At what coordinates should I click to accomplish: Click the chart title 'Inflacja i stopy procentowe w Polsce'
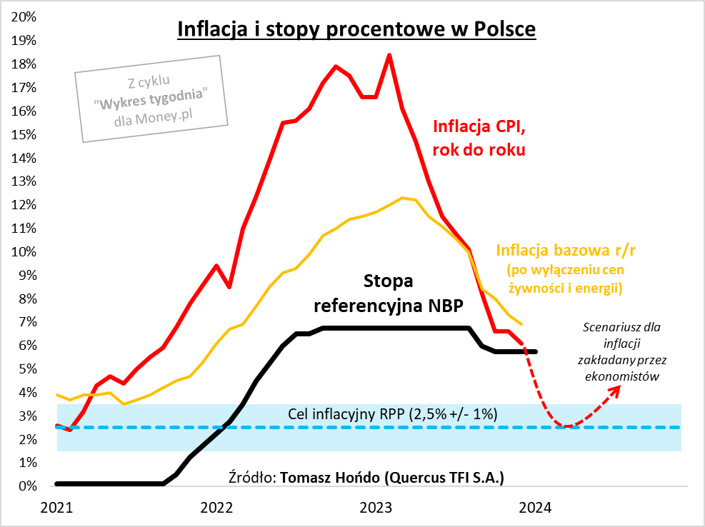356,29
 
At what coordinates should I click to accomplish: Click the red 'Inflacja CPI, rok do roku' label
479,138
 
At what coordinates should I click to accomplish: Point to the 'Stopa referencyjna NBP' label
389,293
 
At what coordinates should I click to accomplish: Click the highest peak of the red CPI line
389,55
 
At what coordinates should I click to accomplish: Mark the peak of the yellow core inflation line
403,198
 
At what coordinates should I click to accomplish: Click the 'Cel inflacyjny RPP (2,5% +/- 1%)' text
392,414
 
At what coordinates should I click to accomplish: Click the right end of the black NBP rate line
536,351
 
